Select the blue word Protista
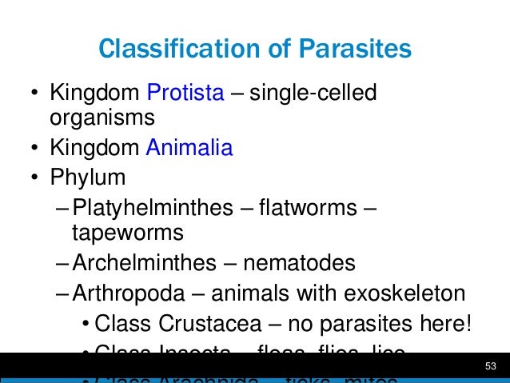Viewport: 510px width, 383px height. pyautogui.click(x=185, y=94)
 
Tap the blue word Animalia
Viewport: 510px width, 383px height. pyautogui.click(x=189, y=147)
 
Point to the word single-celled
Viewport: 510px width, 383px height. pyautogui.click(x=313, y=94)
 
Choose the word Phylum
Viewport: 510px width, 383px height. pyautogui.click(x=88, y=176)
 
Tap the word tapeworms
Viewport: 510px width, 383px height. pyautogui.click(x=127, y=233)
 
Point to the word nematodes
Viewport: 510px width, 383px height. pyautogui.click(x=299, y=263)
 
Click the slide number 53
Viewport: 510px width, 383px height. pyautogui.click(x=491, y=366)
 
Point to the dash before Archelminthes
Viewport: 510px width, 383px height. pyautogui.click(x=64, y=263)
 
